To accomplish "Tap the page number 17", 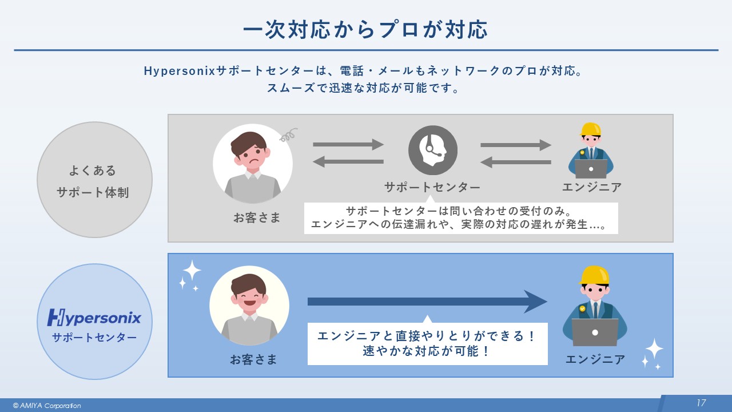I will (701, 403).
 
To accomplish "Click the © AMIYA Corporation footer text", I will (47, 406).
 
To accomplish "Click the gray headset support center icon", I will (433, 150).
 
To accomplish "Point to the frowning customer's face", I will (252, 154).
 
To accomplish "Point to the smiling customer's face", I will (249, 295).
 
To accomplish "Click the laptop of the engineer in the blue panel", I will (595, 332).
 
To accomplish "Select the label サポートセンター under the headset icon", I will (432, 187).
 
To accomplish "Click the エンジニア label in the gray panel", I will (591, 187).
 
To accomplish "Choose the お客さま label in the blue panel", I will (253, 359).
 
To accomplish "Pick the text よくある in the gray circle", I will (93, 171).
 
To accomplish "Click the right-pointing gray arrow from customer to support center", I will (348, 144).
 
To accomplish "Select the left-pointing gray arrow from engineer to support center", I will (515, 163).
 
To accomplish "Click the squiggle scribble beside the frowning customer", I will (289, 135).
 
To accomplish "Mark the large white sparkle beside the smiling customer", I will (192, 270).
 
